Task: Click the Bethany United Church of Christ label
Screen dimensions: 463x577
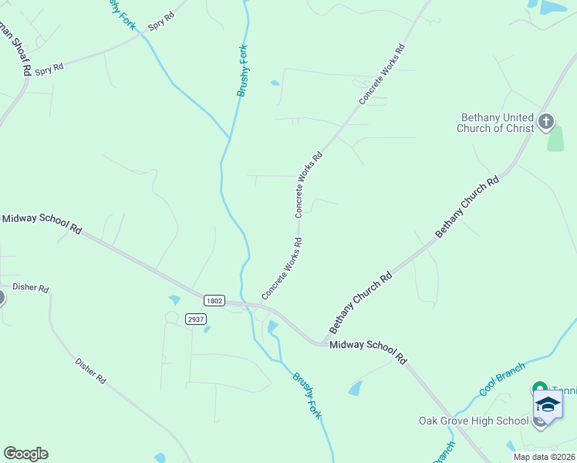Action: click(497, 123)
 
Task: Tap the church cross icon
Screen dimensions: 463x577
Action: click(546, 120)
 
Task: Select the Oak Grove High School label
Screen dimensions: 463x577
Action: click(474, 421)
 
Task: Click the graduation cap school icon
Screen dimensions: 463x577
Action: click(548, 405)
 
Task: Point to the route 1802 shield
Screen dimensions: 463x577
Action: click(214, 300)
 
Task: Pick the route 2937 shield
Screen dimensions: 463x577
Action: click(196, 319)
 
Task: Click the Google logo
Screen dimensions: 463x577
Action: click(25, 454)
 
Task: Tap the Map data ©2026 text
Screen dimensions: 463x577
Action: click(545, 457)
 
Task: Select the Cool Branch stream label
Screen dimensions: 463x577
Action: click(502, 378)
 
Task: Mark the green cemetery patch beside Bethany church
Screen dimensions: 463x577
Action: click(555, 139)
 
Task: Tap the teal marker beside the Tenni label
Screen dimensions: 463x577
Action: click(539, 388)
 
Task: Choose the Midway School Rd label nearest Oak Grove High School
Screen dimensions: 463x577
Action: click(368, 350)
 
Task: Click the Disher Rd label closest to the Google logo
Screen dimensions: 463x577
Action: click(90, 370)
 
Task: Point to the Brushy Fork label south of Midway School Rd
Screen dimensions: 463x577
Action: click(307, 396)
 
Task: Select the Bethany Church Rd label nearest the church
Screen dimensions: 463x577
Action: click(467, 207)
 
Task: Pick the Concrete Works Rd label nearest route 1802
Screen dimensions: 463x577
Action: click(281, 269)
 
